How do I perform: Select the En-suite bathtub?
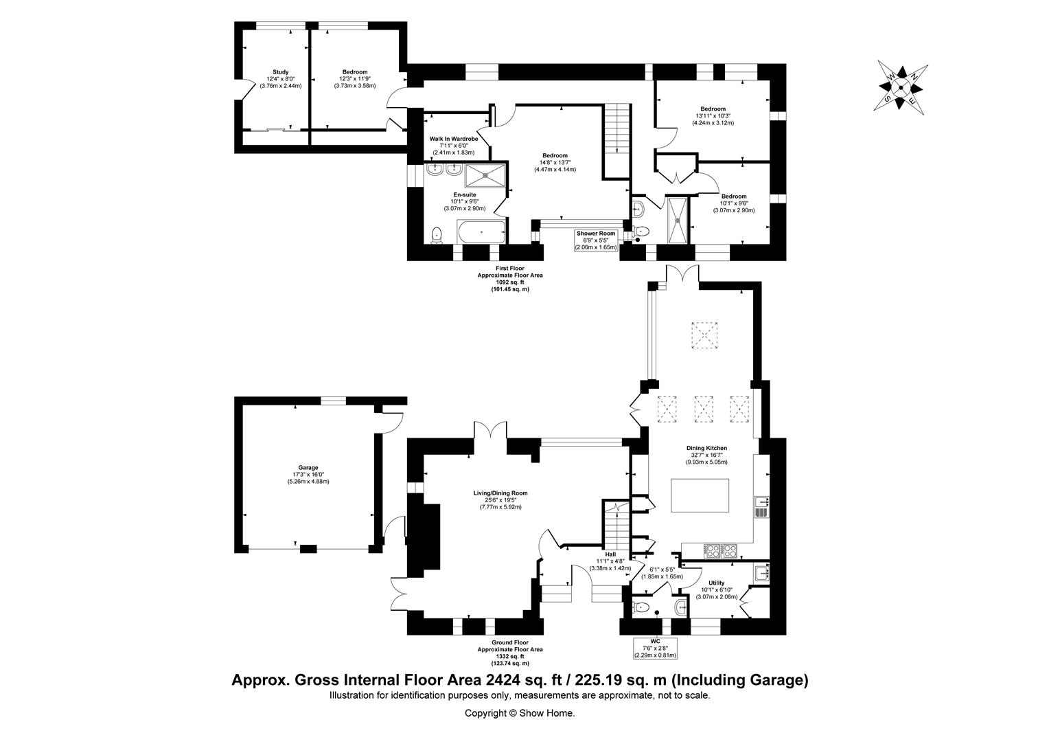click(x=482, y=232)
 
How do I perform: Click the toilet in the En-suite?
click(x=437, y=235)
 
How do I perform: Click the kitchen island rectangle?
click(x=700, y=495)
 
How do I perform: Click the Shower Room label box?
click(x=596, y=240)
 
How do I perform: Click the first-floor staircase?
click(x=616, y=141)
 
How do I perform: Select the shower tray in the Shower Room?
click(x=677, y=221)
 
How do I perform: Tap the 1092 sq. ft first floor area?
click(x=510, y=282)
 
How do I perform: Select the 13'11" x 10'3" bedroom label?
click(x=713, y=116)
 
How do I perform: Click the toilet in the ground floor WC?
click(x=642, y=608)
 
